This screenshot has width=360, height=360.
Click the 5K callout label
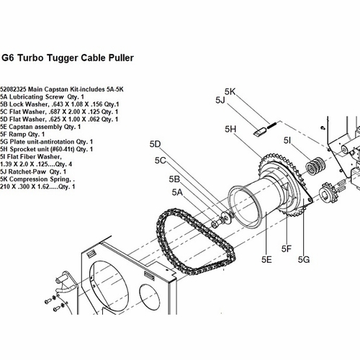230,91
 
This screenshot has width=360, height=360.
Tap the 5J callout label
220,100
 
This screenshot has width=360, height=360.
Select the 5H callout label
230,129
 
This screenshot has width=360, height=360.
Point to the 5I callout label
287,140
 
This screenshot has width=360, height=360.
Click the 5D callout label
155,144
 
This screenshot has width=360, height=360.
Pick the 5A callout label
177,192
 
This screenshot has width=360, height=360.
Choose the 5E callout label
266,259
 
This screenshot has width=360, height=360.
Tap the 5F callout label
287,249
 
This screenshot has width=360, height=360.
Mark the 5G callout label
304,259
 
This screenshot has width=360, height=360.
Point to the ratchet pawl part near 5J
259,132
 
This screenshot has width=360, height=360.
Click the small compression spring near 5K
272,125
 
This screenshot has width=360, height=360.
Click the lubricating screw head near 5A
214,224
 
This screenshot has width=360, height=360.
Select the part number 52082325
13,89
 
